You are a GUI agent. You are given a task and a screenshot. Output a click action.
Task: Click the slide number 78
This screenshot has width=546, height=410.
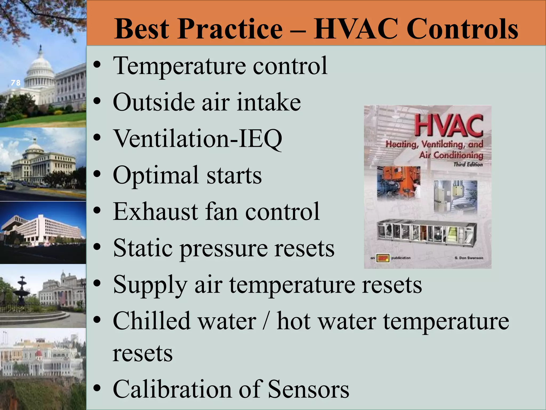pyautogui.click(x=16, y=83)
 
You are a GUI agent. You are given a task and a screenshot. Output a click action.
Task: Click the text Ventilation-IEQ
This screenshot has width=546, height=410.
pyautogui.click(x=198, y=139)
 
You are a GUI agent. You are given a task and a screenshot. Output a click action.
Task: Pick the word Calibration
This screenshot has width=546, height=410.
pyautogui.click(x=172, y=389)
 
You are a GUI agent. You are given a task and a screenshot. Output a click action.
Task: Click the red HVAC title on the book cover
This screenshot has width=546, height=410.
pyautogui.click(x=449, y=125)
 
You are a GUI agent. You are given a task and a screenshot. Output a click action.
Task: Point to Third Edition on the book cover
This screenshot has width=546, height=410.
pyautogui.click(x=468, y=164)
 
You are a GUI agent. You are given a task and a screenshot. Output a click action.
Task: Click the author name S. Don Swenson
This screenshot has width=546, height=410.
pyautogui.click(x=469, y=258)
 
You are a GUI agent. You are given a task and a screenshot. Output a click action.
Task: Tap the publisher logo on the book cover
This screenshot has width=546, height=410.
pyautogui.click(x=383, y=258)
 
